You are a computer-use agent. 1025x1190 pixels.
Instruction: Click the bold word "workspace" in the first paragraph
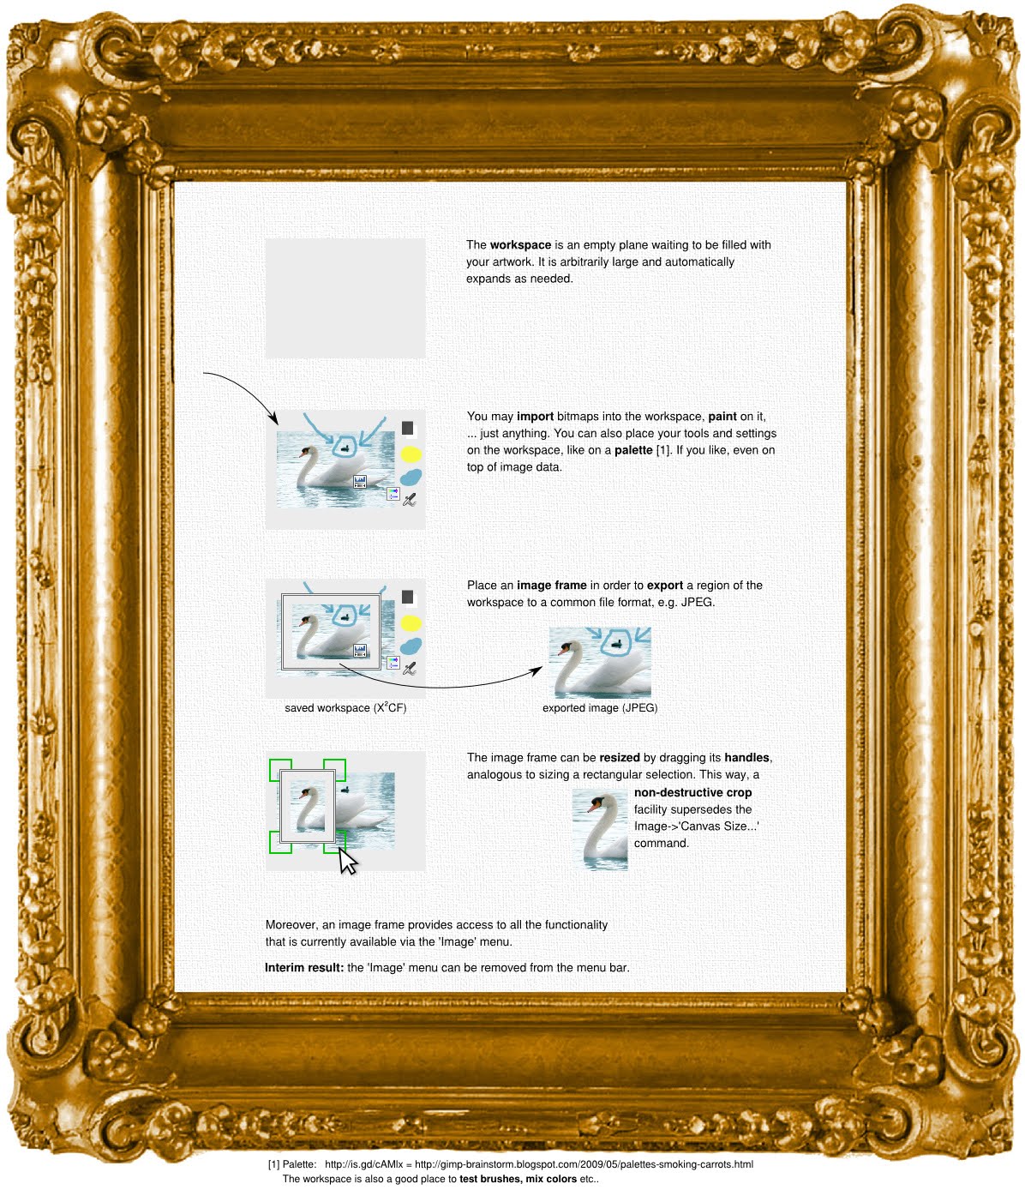coord(520,245)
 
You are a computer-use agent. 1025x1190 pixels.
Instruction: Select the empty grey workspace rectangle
coord(345,297)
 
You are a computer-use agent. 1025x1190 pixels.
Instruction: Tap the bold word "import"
coord(535,417)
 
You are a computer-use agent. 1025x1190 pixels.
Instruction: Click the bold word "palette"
coord(633,450)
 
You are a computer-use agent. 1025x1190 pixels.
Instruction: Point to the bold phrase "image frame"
coord(551,586)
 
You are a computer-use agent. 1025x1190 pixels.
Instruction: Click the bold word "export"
coord(664,586)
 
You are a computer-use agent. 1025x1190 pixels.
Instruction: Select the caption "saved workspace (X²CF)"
coord(345,708)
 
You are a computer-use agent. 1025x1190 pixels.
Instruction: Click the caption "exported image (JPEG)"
coord(600,708)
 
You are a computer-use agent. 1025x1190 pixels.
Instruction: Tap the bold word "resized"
coord(619,758)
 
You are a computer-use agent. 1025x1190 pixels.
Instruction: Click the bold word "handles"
coord(746,758)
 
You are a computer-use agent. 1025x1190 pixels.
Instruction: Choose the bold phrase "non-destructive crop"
coord(692,793)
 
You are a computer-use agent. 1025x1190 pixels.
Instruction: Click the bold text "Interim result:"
coord(304,968)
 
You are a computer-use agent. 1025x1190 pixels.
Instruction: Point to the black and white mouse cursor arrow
coord(347,861)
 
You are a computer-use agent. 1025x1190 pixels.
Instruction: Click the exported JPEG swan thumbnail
coord(600,662)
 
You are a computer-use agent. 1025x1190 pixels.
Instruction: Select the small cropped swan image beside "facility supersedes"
coord(600,830)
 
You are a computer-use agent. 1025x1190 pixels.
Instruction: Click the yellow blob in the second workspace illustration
coord(411,454)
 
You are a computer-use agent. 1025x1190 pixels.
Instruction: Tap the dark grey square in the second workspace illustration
coord(408,428)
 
